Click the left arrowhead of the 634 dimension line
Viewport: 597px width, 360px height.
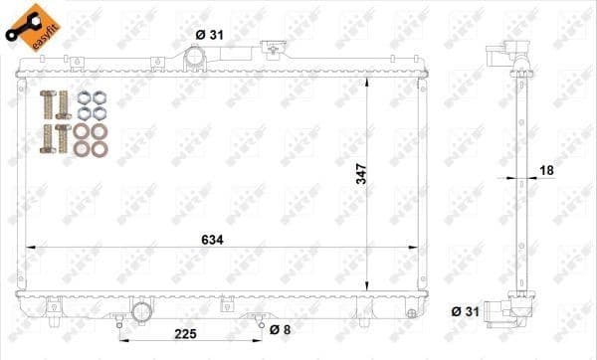28,246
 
